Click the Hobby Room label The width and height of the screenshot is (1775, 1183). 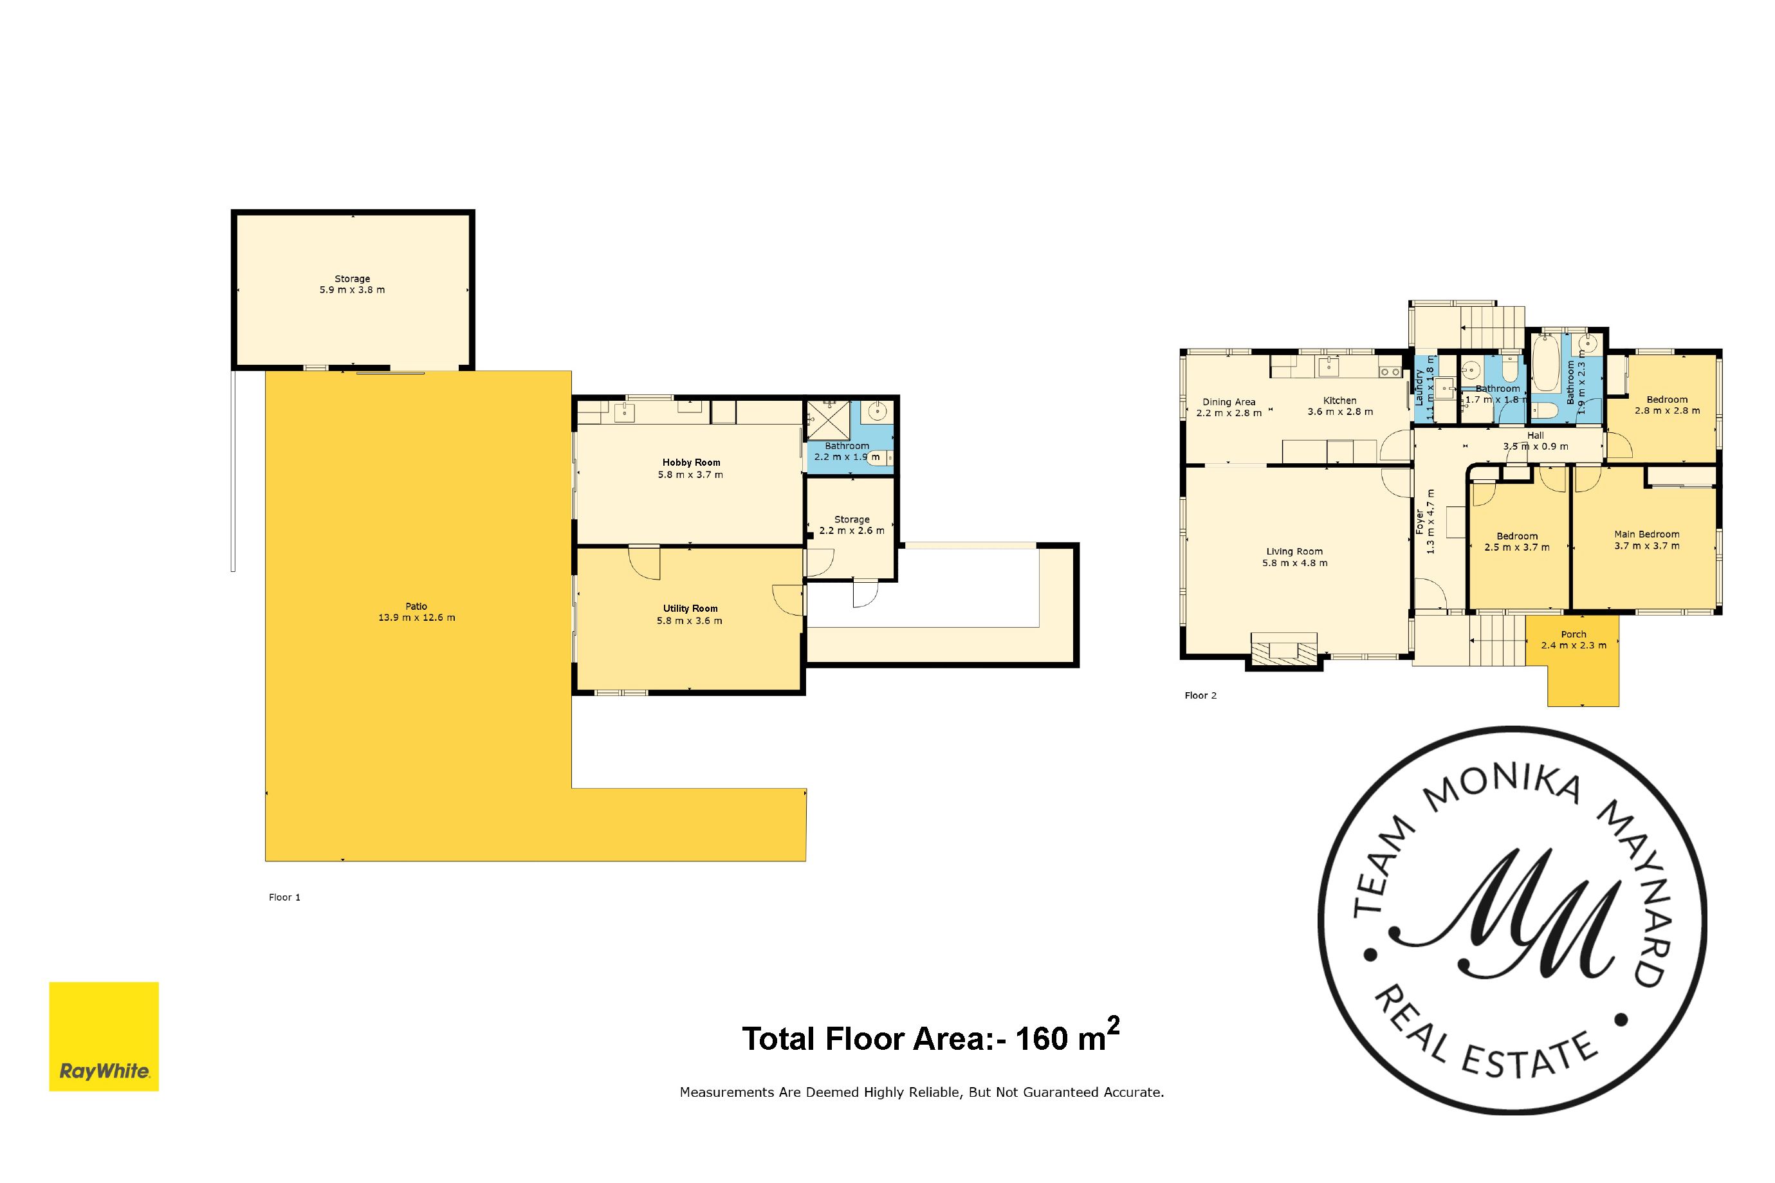tap(691, 463)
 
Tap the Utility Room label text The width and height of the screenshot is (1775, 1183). tap(690, 609)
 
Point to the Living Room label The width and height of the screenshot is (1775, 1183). tap(1294, 551)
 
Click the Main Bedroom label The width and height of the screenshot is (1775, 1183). tap(1647, 534)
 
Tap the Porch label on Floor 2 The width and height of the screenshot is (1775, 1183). tap(1574, 634)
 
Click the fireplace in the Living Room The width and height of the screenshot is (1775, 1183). tap(1283, 650)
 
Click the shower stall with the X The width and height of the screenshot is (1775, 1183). tap(828, 420)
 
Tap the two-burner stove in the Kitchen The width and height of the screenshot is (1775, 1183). tap(1390, 372)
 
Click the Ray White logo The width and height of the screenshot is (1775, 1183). tap(104, 1036)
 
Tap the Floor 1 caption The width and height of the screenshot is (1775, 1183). tap(284, 897)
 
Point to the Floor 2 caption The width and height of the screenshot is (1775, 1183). tap(1200, 695)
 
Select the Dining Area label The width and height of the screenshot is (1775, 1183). tap(1229, 402)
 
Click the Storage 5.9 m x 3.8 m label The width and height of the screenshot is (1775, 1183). tap(353, 284)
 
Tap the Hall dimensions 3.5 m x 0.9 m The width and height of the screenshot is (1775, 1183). tap(1536, 446)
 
